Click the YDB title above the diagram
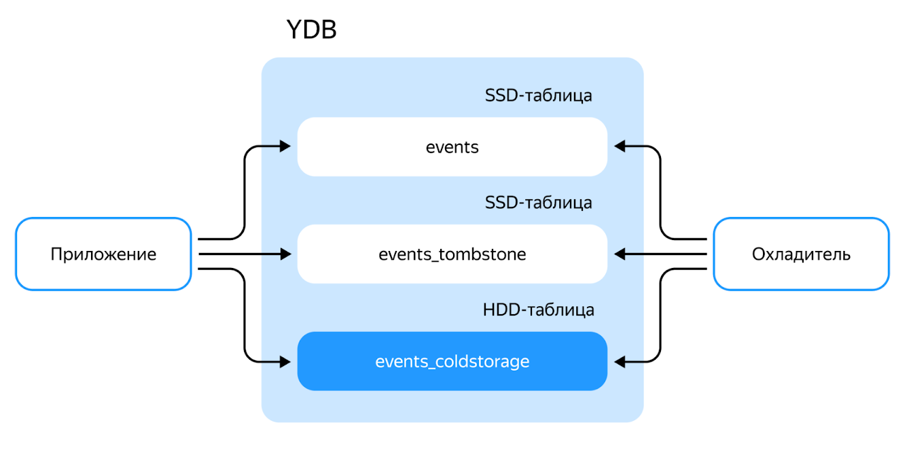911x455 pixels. (x=311, y=30)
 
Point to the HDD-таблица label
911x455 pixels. (x=538, y=310)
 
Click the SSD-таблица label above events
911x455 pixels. (x=538, y=95)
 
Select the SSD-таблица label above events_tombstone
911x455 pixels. (x=538, y=203)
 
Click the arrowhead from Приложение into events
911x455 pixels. (x=285, y=146)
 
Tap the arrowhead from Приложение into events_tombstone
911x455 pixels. (x=285, y=254)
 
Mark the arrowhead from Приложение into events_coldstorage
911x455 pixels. (x=285, y=361)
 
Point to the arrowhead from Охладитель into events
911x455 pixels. (x=620, y=146)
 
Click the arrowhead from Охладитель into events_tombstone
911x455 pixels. (x=620, y=254)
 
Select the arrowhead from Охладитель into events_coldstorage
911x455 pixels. (x=620, y=361)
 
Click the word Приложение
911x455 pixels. (x=103, y=255)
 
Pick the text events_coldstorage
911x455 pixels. (x=452, y=362)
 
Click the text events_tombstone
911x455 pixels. (x=452, y=255)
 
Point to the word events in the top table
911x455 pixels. (x=452, y=147)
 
